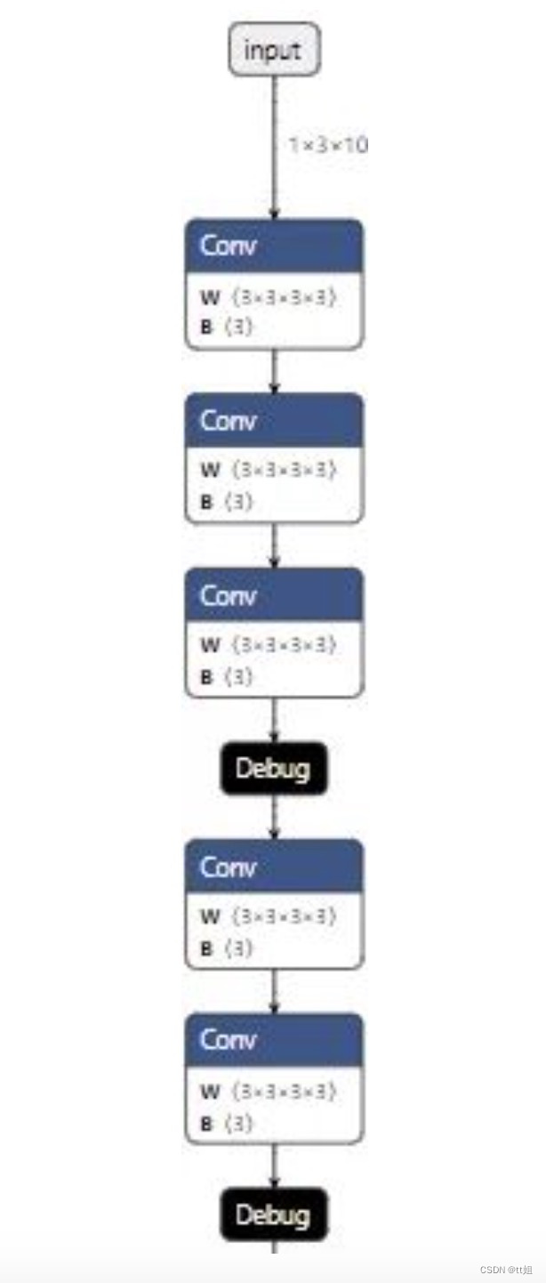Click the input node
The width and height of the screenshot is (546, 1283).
274,50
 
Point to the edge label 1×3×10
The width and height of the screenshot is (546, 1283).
327,144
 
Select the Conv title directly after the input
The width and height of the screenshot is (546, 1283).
229,245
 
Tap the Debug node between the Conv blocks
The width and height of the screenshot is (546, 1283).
274,768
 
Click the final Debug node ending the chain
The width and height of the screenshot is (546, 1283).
274,1214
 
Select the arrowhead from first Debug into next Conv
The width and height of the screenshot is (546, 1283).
274,833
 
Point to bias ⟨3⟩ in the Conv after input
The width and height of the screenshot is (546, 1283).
238,327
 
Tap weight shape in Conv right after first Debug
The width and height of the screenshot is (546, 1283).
284,916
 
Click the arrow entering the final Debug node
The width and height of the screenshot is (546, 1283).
274,1167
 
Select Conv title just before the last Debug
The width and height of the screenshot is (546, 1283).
229,1039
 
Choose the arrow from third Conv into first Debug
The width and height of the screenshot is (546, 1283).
274,720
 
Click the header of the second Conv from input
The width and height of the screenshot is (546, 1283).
274,419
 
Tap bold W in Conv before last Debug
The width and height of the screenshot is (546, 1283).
210,1091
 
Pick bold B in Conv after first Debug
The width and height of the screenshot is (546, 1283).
206,948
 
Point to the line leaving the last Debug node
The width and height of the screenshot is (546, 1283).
274,1247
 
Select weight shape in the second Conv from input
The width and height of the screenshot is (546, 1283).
284,469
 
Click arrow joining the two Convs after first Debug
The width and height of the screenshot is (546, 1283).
274,991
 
